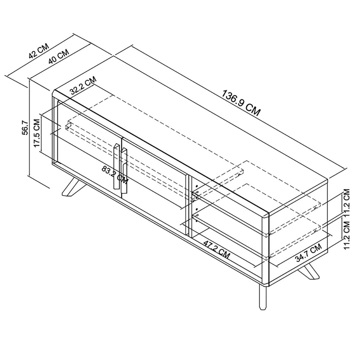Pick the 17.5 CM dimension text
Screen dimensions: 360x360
[x=37, y=133]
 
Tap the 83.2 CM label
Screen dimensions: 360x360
[x=115, y=175]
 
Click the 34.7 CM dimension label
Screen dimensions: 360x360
[x=308, y=253]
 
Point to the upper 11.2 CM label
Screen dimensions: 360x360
[x=346, y=202]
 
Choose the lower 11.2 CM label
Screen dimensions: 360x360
[x=346, y=235]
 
